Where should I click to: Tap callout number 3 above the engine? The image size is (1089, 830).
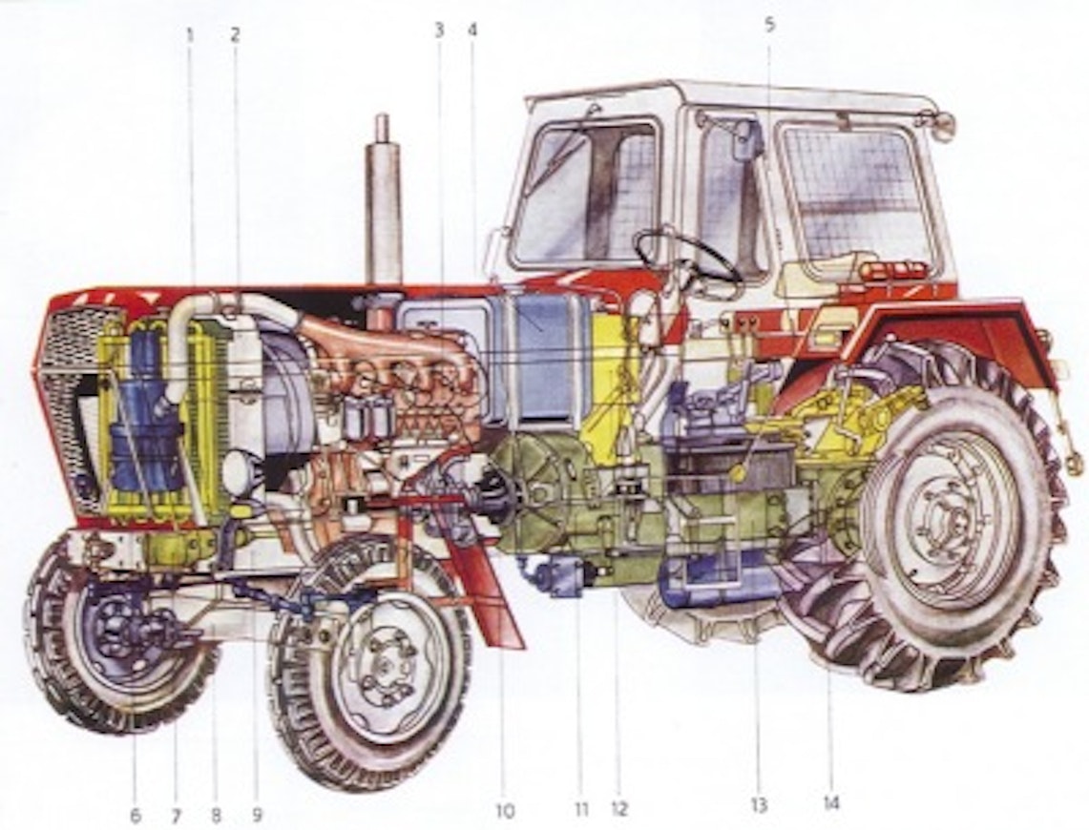(439, 30)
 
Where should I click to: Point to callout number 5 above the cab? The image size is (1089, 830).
(769, 25)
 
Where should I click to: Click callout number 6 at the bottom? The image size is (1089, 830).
(136, 814)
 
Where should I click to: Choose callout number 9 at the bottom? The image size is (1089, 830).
(257, 814)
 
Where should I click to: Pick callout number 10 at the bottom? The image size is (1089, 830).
(505, 811)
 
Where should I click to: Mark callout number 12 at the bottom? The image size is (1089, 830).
(618, 808)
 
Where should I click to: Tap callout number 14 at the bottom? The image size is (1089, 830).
(831, 803)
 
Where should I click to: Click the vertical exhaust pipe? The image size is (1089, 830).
(383, 201)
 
